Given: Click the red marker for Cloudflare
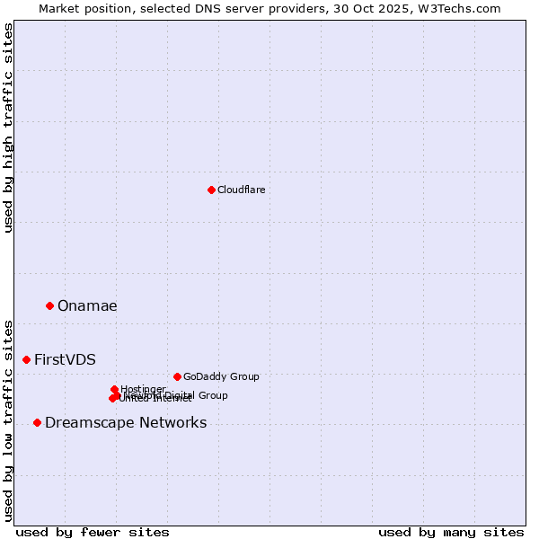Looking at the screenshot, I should click(x=211, y=190).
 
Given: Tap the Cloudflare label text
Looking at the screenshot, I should click(x=242, y=190).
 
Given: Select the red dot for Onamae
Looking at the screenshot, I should click(x=49, y=305).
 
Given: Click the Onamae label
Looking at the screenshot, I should click(x=87, y=306).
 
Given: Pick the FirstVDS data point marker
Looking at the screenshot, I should click(x=26, y=359).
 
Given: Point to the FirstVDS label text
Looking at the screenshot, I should click(x=65, y=360).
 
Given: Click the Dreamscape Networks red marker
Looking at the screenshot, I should click(x=37, y=422).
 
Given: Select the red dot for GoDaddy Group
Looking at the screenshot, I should click(x=177, y=376).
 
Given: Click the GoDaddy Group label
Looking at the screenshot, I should click(x=221, y=376).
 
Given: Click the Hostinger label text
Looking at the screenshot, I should click(x=143, y=389).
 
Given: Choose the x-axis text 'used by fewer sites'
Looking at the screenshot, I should click(x=93, y=532).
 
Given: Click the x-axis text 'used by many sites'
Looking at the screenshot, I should click(x=451, y=532).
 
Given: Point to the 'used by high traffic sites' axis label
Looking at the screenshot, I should click(x=8, y=128).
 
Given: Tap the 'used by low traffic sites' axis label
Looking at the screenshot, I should click(x=8, y=420).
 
